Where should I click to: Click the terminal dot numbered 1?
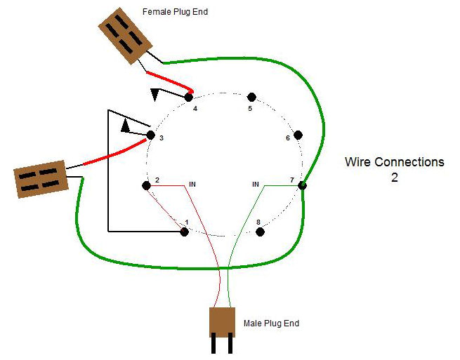coord(184,231)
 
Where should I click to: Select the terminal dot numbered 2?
coord(146,185)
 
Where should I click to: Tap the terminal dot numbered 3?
coord(150,135)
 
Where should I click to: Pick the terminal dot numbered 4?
coord(189,96)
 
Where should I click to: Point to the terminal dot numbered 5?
coord(251,96)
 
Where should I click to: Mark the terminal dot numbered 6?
coord(298,134)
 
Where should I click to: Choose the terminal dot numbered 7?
coord(302,185)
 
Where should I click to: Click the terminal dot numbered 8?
coord(259,231)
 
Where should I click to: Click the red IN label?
coord(192,185)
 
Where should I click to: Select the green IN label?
coord(256,185)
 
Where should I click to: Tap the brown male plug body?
coord(223,322)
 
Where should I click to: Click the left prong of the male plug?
coord(213,345)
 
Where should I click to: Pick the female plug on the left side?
coord(40,179)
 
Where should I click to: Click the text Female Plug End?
coord(175,12)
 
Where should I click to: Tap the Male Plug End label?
coord(271,324)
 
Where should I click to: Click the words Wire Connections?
coord(394,162)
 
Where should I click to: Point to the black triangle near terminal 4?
coord(156,93)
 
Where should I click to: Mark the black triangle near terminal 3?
coord(126,126)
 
